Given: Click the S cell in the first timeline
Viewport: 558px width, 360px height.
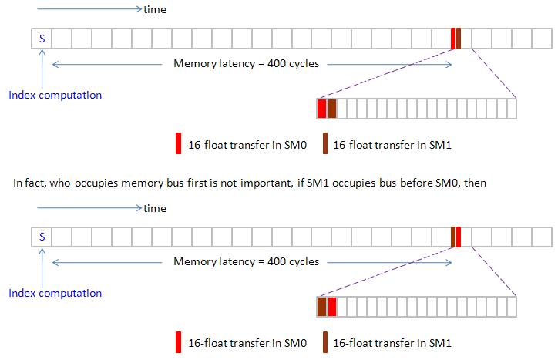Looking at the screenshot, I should click(42, 39).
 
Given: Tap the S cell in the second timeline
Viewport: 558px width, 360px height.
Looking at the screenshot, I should click(42, 237).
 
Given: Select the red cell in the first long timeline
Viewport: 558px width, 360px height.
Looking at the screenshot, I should click(453, 39).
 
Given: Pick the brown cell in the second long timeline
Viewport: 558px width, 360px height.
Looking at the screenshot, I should click(453, 237).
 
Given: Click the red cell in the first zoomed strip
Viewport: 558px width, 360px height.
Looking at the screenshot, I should click(321, 109).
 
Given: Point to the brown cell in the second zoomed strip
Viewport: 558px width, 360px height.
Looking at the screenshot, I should click(321, 307).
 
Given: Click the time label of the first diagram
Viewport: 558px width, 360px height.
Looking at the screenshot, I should click(154, 10).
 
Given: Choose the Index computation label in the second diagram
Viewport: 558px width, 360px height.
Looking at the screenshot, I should click(55, 293).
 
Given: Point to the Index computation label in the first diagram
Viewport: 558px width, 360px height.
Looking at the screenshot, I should click(55, 95).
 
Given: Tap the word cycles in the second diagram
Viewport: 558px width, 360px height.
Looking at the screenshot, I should click(304, 262).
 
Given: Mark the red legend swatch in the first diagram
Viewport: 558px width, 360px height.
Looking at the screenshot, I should click(179, 144).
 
